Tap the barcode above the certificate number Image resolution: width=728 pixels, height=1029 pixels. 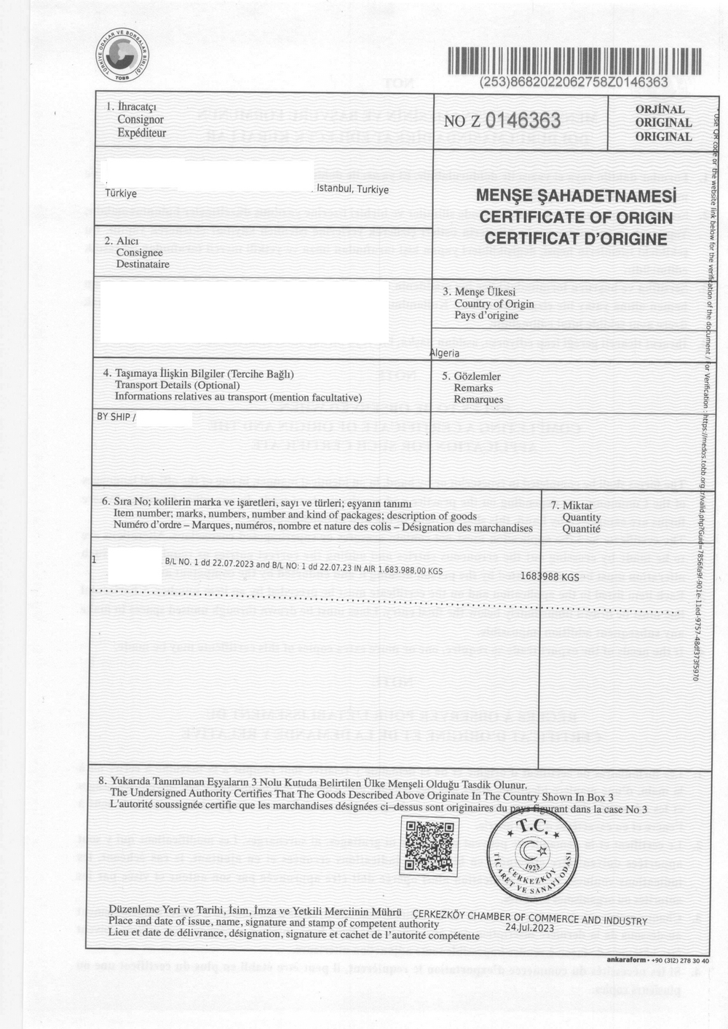click(574, 61)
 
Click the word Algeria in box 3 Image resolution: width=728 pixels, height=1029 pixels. click(445, 353)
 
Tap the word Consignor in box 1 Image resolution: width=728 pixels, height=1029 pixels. click(140, 119)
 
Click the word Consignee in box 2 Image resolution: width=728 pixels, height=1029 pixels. click(139, 253)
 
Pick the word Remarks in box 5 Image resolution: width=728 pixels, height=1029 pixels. click(473, 388)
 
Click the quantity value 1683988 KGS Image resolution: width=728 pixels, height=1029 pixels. click(550, 576)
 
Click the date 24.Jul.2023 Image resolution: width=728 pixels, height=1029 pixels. click(529, 928)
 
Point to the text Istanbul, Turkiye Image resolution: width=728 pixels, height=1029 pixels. click(352, 189)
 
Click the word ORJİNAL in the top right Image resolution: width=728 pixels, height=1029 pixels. click(662, 110)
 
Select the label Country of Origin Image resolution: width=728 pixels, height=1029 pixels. click(494, 303)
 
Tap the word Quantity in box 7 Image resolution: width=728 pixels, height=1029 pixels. click(581, 517)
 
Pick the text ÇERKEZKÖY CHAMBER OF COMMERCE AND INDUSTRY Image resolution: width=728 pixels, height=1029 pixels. click(529, 917)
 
